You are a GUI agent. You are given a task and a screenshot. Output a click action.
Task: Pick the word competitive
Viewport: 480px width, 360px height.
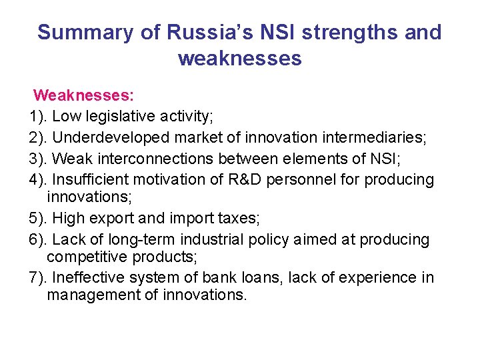point(87,257)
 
